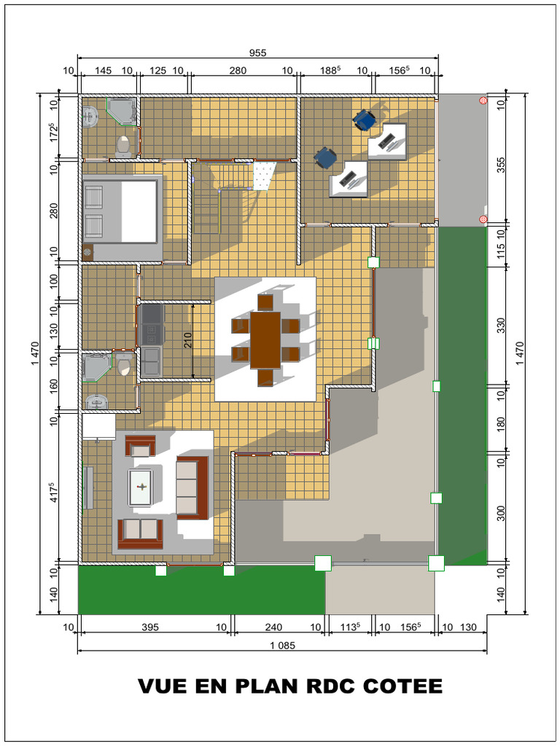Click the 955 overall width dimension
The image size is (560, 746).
click(257, 52)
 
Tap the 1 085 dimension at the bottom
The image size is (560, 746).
click(283, 645)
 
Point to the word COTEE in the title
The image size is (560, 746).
click(402, 686)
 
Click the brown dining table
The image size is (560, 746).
click(265, 339)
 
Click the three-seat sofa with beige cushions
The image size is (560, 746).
click(192, 487)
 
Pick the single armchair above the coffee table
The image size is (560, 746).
click(141, 446)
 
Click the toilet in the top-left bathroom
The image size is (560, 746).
click(123, 146)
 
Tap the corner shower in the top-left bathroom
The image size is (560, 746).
click(122, 111)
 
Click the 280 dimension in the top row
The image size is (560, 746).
click(238, 71)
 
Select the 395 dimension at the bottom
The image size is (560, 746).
click(151, 627)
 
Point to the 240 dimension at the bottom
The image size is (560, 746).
click(275, 627)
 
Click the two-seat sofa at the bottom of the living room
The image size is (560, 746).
click(140, 533)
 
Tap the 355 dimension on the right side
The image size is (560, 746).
click(500, 165)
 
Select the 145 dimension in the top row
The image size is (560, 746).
click(104, 71)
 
